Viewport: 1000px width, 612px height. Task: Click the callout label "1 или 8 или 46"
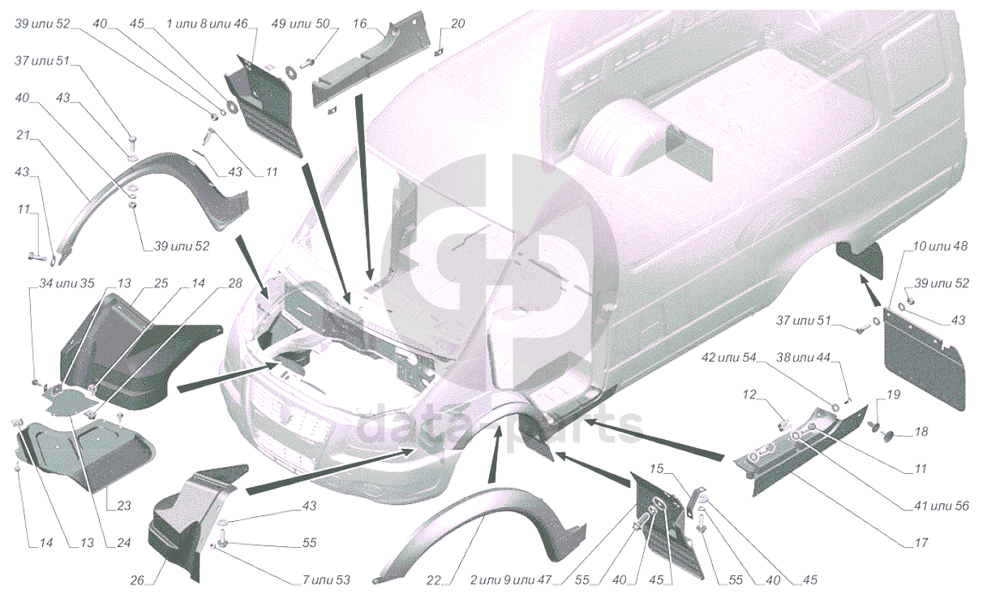click(x=207, y=24)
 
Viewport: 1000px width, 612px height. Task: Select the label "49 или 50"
click(x=300, y=24)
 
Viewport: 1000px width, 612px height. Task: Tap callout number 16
click(x=359, y=24)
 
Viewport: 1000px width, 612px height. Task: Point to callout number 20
click(x=458, y=24)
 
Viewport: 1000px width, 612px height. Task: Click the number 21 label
click(x=23, y=135)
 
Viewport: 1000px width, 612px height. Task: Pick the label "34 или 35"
click(x=67, y=283)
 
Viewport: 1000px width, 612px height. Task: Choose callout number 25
click(x=161, y=283)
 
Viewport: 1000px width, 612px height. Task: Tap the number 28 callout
click(x=235, y=283)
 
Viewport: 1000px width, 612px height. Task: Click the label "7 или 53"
click(x=326, y=580)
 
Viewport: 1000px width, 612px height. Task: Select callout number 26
click(x=138, y=580)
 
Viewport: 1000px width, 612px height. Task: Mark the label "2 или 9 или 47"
click(x=511, y=580)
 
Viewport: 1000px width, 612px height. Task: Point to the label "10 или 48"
click(x=939, y=246)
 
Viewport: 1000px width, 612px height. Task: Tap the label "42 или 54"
click(x=728, y=357)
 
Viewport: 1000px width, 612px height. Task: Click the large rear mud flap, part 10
click(x=924, y=357)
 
